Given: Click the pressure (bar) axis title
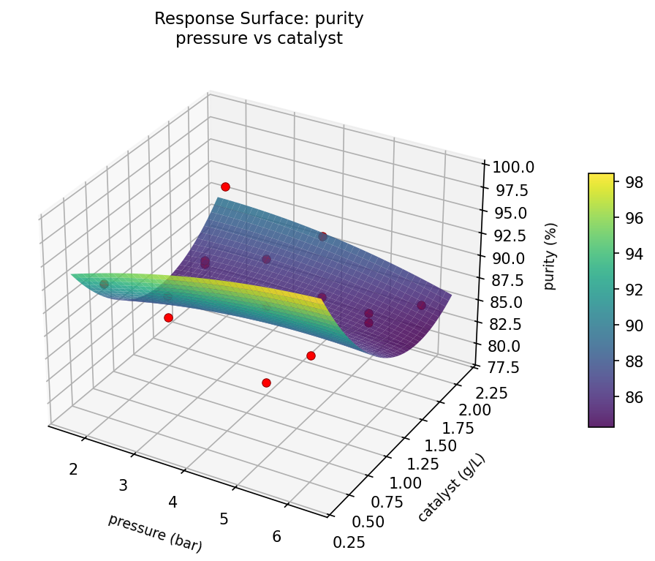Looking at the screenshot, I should (154, 532).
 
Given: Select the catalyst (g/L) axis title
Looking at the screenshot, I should (451, 487).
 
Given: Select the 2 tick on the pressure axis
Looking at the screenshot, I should (73, 468).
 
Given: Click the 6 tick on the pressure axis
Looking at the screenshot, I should (276, 536).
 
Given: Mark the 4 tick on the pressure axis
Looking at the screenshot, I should (173, 502).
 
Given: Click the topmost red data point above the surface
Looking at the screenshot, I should (225, 187).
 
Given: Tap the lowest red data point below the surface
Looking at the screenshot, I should (266, 383).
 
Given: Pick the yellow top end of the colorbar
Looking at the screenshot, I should (601, 178).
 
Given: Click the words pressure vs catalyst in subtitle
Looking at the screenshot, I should (259, 39).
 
